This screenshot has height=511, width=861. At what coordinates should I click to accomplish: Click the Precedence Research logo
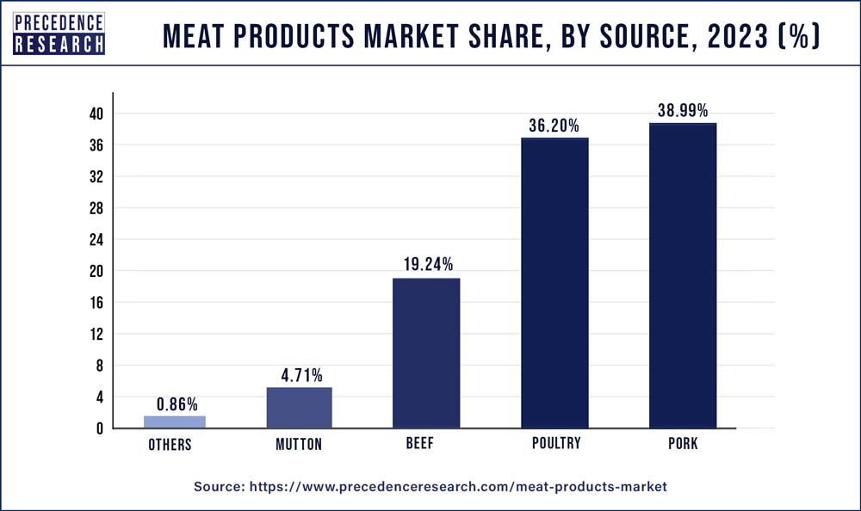point(59,34)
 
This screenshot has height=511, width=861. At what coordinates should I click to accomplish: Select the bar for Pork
point(683,275)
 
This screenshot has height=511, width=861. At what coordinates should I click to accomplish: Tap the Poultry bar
point(554,283)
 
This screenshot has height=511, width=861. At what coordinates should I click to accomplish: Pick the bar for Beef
point(426,353)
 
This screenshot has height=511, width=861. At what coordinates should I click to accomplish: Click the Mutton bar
point(299,408)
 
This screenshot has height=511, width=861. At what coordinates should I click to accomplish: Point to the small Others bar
point(175,422)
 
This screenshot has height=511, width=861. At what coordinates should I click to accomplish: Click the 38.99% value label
point(682,111)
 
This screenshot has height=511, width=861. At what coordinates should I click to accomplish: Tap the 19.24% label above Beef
point(426,265)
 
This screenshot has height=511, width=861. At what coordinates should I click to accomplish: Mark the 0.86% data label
point(177,403)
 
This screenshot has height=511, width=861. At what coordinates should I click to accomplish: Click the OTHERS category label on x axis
point(170,445)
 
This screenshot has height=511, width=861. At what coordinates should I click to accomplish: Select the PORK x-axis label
point(683,445)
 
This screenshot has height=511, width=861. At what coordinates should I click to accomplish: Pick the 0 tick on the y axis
point(100,428)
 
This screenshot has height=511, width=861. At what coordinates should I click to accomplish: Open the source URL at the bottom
point(458,487)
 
